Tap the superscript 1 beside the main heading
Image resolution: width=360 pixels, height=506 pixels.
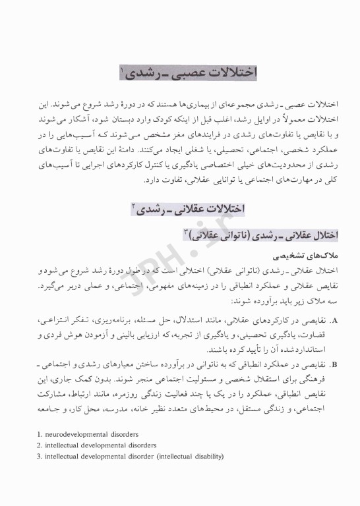tap(123, 67)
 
